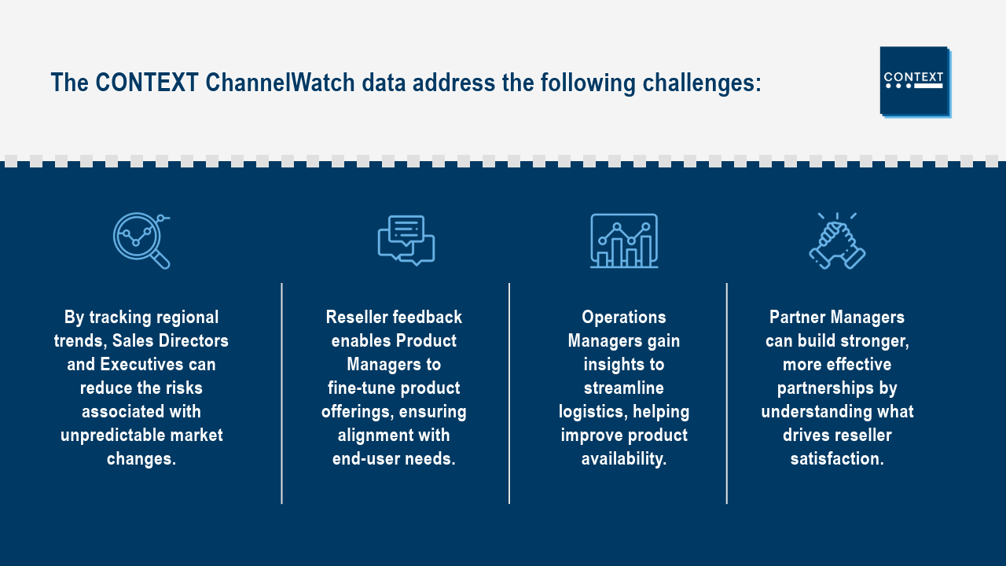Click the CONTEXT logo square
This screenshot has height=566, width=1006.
(915, 82)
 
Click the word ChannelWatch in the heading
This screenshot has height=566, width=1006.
(281, 83)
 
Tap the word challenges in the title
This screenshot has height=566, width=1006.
(702, 83)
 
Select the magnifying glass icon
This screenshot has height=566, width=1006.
(141, 241)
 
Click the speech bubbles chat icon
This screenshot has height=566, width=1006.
(406, 241)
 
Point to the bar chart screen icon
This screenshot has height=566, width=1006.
(624, 241)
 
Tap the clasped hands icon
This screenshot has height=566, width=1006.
(837, 241)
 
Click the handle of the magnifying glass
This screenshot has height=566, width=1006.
(160, 259)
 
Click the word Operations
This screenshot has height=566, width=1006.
(624, 317)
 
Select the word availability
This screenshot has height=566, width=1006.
(624, 459)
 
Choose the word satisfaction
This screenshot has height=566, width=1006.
(837, 458)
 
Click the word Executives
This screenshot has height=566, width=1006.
(142, 364)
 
